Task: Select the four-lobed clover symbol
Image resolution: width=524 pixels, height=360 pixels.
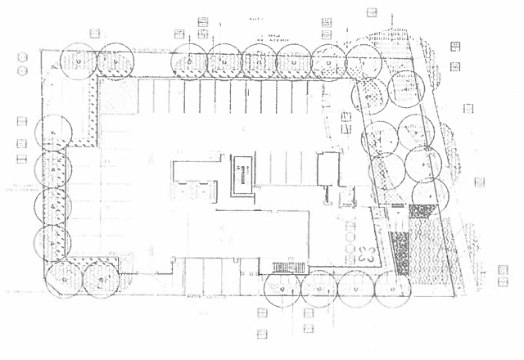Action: point(366,254)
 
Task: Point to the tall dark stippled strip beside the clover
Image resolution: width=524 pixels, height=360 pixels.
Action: point(401,254)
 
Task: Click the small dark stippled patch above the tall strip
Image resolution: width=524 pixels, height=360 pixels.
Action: point(421,210)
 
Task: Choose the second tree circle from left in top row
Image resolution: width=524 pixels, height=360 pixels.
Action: point(115,61)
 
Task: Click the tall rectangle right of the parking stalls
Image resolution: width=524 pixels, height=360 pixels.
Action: point(327,173)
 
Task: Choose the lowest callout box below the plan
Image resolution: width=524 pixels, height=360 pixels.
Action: point(262,334)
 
